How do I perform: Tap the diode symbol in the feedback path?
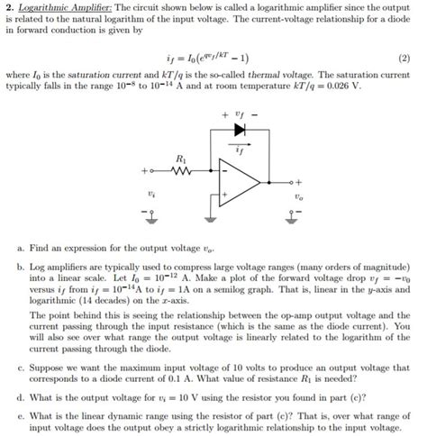click(x=238, y=131)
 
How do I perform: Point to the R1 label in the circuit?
click(x=179, y=156)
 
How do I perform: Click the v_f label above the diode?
click(x=238, y=114)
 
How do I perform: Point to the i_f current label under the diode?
click(x=240, y=144)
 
